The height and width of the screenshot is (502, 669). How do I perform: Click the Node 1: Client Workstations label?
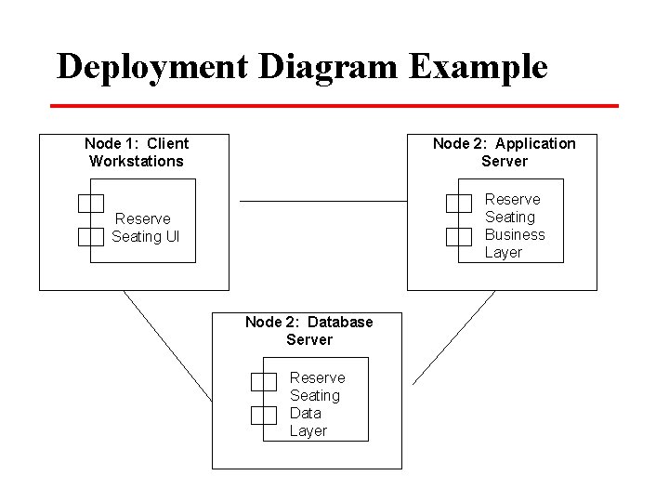click(137, 152)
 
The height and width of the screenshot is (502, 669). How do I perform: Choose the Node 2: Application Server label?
click(505, 152)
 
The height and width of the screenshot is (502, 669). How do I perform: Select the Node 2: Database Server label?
click(309, 331)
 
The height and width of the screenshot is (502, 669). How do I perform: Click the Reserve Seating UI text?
click(144, 228)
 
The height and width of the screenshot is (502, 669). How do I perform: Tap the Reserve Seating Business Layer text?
click(514, 226)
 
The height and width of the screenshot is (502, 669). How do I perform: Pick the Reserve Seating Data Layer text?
click(317, 404)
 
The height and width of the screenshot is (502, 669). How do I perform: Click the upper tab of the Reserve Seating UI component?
click(90, 203)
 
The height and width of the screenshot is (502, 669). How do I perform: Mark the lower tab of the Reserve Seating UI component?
click(90, 236)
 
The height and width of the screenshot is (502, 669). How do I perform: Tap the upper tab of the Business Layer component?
click(459, 203)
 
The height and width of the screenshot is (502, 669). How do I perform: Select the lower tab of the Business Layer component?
click(459, 236)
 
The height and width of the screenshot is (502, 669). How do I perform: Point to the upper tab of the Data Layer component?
click(264, 381)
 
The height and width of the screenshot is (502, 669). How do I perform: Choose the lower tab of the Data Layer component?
click(264, 415)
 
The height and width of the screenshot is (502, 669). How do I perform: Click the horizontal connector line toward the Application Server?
click(323, 201)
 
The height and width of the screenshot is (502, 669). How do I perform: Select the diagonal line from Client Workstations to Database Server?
click(167, 346)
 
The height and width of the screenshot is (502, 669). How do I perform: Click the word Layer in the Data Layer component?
click(308, 431)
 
